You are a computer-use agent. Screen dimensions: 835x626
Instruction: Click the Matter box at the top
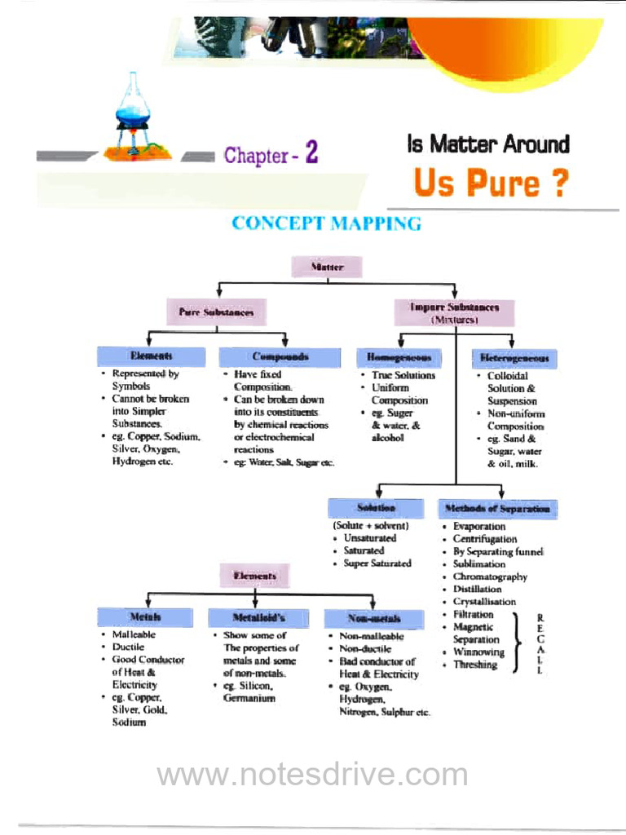coord(327,267)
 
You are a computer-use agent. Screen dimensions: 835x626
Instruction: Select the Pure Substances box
coord(216,311)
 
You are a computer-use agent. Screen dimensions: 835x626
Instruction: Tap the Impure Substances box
coord(454,311)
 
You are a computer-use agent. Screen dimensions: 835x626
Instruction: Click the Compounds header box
coord(280,356)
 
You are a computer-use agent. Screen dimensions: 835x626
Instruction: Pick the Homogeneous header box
coord(399,357)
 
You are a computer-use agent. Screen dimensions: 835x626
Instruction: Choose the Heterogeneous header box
coord(514,357)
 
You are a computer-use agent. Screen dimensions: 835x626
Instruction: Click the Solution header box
coord(376,508)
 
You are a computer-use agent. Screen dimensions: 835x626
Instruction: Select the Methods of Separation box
coord(497,509)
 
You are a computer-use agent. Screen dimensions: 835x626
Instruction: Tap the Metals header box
coord(144,617)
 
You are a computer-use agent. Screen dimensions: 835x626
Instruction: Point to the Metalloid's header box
coord(258,617)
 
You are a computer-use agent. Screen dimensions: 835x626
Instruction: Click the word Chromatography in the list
coord(490,577)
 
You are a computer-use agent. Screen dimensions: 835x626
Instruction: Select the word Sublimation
coord(479,563)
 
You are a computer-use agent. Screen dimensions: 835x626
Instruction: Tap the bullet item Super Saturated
coord(377,563)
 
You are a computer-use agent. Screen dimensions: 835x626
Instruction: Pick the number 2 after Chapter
coord(311,153)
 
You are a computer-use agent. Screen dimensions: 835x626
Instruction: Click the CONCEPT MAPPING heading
coord(326,223)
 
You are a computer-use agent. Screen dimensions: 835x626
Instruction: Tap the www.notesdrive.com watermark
coord(312,775)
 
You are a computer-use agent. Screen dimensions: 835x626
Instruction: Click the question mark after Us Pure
coord(558,183)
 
